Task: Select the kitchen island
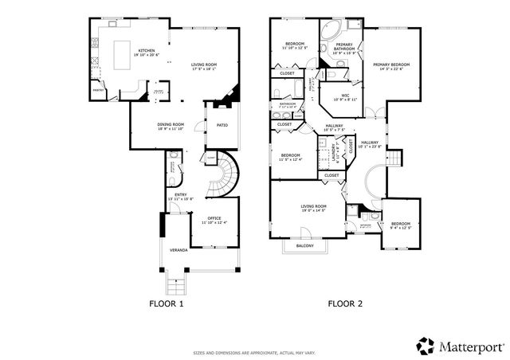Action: point(124,56)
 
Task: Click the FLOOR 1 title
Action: point(167,303)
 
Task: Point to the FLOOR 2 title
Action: point(344,303)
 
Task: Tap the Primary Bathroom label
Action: point(343,49)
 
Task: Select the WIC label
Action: point(345,99)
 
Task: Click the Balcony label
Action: point(304,246)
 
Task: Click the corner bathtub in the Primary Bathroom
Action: point(330,32)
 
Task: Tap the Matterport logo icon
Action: point(425,345)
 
